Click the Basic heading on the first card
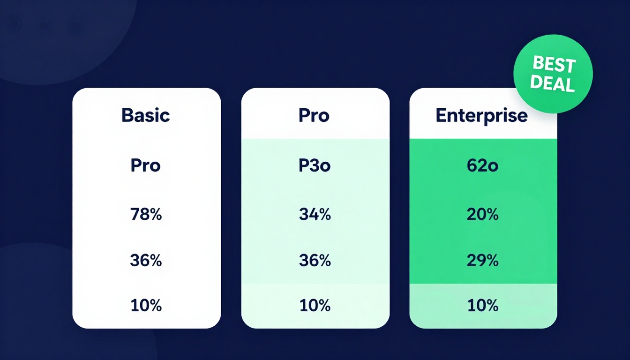point(145,115)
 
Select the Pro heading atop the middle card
point(314,115)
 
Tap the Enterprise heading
point(481,115)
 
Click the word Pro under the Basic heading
point(145,165)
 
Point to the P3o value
point(315,165)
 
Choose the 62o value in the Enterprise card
point(482,165)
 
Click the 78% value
point(146,214)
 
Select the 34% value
point(315,214)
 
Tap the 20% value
point(482,214)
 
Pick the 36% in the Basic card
point(146,260)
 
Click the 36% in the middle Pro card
point(315,260)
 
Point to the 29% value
point(482,260)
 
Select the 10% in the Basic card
point(146,306)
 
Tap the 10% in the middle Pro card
point(315,306)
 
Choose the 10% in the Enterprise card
point(482,306)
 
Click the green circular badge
point(553,74)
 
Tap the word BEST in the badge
point(554,65)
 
